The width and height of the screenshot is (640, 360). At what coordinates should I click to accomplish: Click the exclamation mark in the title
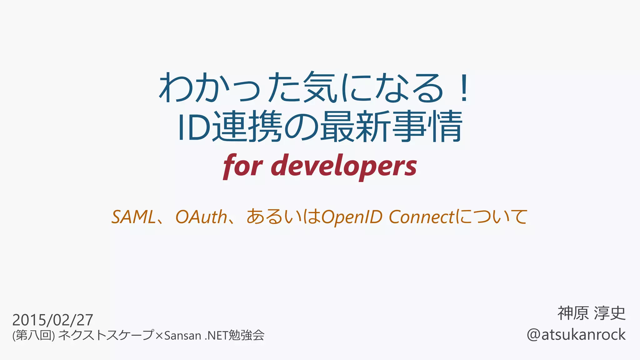tap(464, 88)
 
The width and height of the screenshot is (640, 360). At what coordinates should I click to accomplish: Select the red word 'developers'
tap(344, 166)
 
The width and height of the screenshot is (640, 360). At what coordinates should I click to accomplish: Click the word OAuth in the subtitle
tap(201, 217)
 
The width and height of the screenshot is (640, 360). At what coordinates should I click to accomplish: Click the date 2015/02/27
tap(52, 320)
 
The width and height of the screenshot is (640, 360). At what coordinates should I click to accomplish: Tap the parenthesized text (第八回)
tap(33, 336)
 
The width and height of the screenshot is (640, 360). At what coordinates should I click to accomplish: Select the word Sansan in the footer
tap(182, 336)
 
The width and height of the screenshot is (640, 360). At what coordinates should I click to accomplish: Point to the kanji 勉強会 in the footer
tap(247, 336)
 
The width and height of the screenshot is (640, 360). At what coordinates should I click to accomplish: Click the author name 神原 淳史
tap(592, 313)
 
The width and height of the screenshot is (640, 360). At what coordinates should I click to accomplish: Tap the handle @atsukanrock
tap(576, 335)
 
